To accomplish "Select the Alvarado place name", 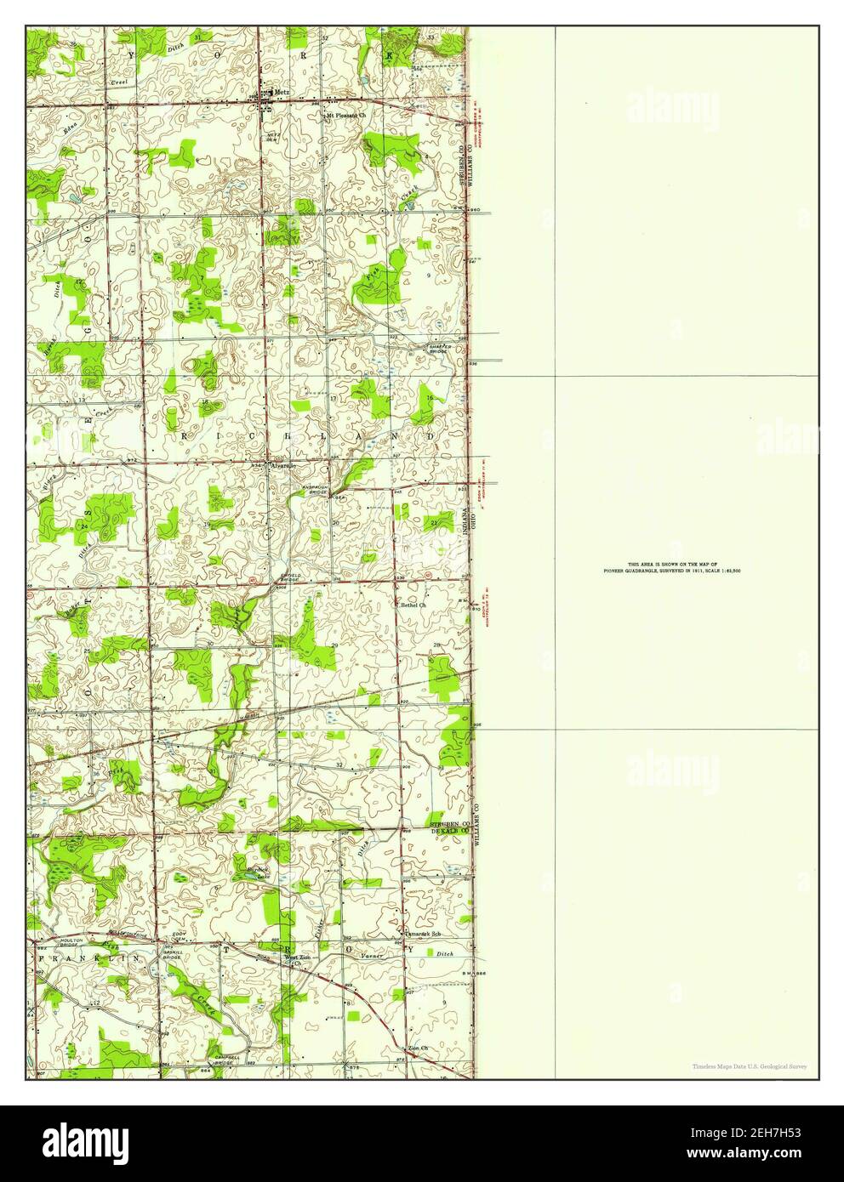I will coord(282,466).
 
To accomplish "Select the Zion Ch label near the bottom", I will coord(418,1048).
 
